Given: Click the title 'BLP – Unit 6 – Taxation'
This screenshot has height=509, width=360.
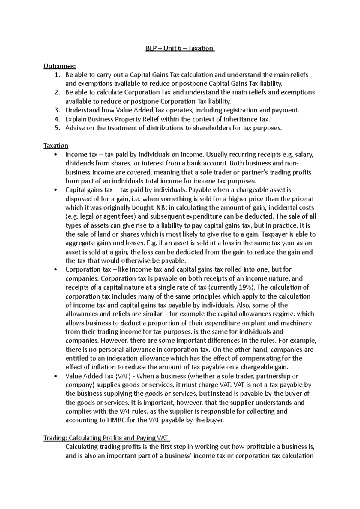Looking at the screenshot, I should tap(180, 48).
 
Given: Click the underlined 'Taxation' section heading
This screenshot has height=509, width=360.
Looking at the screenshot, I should tap(56, 146).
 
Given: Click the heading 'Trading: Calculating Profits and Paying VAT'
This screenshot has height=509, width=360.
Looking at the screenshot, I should tap(106, 438).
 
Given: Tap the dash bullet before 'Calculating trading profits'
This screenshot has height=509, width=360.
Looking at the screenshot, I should tap(56, 447).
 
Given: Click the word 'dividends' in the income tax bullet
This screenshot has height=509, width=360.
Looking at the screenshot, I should tap(79, 164).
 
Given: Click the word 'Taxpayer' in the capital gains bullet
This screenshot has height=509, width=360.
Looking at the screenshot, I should tap(276, 234).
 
